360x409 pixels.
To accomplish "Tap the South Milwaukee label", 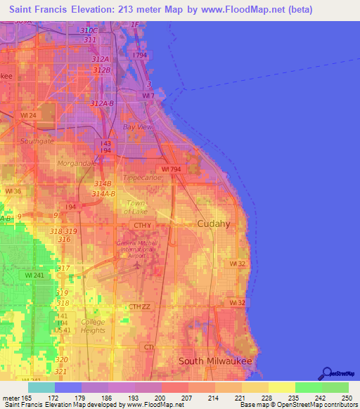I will pyautogui.click(x=214, y=361).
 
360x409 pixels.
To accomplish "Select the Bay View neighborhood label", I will pyautogui.click(x=137, y=127).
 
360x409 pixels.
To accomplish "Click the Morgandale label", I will pyautogui.click(x=77, y=163).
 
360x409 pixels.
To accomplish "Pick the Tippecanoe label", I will pyautogui.click(x=142, y=178).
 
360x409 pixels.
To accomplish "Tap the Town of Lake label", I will pyautogui.click(x=136, y=207).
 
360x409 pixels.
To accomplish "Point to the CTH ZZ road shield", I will pyautogui.click(x=139, y=306).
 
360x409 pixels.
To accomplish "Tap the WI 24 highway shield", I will pyautogui.click(x=29, y=115).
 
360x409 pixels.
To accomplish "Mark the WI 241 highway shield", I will pyautogui.click(x=27, y=275).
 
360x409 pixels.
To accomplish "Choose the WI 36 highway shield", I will pyautogui.click(x=13, y=190).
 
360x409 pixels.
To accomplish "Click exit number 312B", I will pyautogui.click(x=101, y=70).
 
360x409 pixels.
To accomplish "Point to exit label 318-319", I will pyautogui.click(x=64, y=231).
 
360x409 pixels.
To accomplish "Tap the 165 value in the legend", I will pyautogui.click(x=28, y=398).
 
